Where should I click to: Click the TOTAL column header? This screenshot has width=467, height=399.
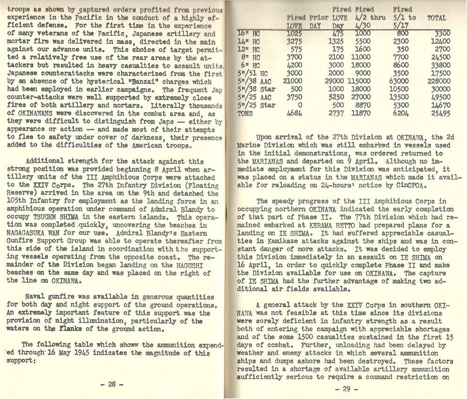pos(436,18)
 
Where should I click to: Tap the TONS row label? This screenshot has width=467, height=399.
pos(246,113)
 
